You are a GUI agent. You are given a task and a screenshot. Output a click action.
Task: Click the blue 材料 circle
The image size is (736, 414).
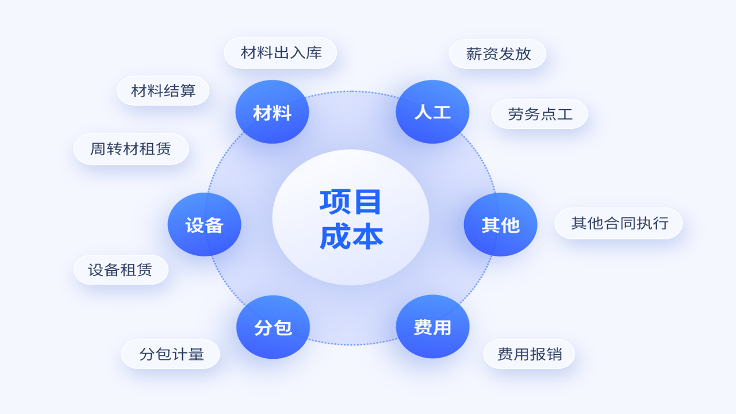point(272,112)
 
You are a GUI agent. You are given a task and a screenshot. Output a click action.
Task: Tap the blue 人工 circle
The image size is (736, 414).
point(432,112)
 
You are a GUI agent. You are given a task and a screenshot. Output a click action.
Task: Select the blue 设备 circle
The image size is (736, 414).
point(204,224)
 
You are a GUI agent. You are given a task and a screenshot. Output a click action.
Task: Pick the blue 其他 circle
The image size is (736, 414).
point(500,224)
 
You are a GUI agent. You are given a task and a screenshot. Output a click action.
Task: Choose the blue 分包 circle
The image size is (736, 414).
point(273,327)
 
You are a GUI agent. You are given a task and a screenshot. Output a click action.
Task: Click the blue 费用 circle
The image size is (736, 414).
point(432,327)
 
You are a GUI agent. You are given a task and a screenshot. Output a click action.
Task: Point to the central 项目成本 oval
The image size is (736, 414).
point(351,217)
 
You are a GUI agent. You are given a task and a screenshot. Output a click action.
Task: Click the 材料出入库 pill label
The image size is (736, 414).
point(280,53)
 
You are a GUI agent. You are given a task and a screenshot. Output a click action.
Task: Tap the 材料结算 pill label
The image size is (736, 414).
point(163,91)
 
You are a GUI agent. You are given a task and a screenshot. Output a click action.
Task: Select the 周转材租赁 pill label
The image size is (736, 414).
point(131,149)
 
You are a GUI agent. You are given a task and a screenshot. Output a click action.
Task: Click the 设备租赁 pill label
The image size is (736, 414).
point(121,270)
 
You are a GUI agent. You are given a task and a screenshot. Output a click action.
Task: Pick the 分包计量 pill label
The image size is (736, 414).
point(171,354)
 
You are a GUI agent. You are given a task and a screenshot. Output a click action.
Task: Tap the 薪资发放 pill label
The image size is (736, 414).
point(497,54)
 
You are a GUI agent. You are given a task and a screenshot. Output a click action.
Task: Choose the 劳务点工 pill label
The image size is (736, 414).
point(539,114)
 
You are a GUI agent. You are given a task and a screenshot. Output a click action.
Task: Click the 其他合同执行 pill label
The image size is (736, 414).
point(618,223)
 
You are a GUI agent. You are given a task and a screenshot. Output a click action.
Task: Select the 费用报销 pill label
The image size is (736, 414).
point(529,354)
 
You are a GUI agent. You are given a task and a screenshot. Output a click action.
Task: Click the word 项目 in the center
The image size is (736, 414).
point(350,201)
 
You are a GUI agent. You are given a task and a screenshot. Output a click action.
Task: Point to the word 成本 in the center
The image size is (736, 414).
point(351,236)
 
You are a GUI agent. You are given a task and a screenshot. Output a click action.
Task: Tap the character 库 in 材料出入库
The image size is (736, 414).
point(314,53)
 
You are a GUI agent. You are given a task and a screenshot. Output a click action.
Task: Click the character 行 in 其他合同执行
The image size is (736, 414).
point(661,223)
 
